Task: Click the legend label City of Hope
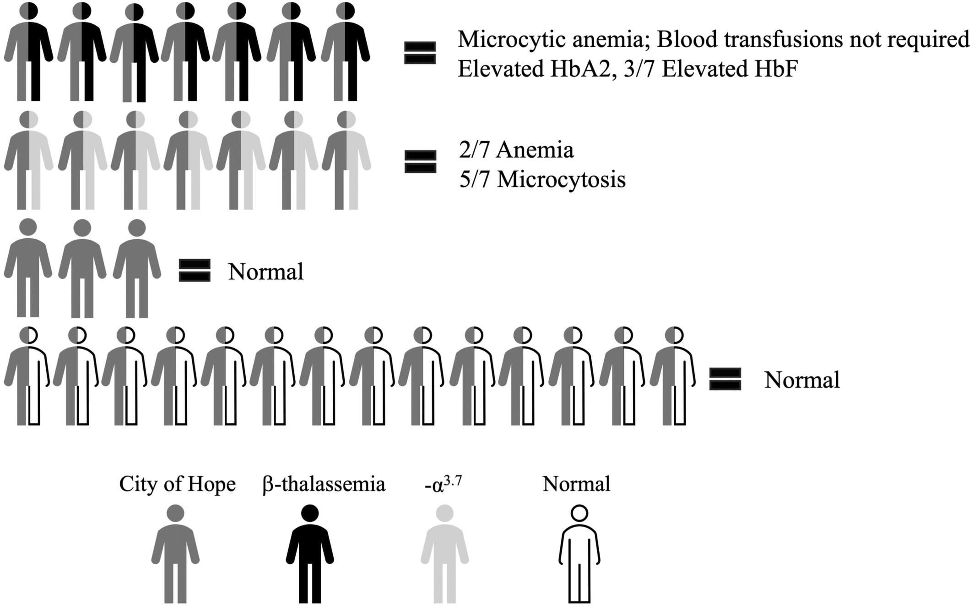pos(178,484)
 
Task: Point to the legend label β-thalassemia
pos(324,484)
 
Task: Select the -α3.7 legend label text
pos(443,484)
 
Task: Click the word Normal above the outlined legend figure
pos(577,484)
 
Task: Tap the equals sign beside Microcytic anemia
pos(420,53)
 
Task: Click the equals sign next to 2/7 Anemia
pos(421,162)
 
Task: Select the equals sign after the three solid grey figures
pos(195,270)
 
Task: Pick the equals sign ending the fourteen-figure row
pos(725,379)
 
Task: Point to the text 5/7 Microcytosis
pos(542,180)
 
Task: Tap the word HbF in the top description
pos(780,70)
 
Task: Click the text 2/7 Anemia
pos(516,150)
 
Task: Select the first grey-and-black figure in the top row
pos(28,51)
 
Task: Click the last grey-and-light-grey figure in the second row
pos(346,160)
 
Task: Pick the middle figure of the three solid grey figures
pos(82,268)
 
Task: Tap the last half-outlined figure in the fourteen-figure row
pos(673,376)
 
